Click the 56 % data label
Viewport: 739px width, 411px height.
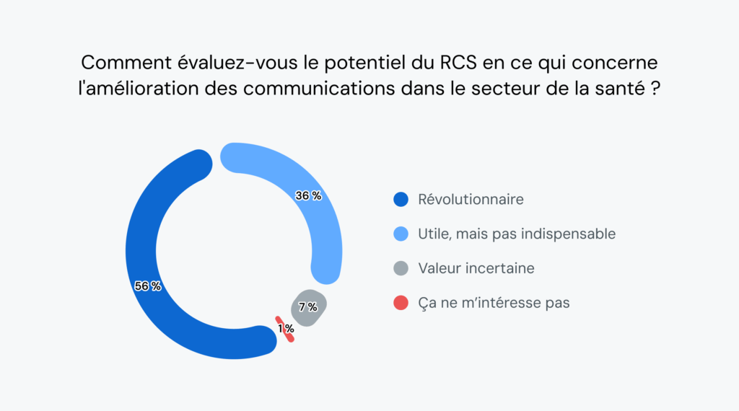pyautogui.click(x=147, y=286)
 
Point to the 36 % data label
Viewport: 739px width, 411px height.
pyautogui.click(x=308, y=195)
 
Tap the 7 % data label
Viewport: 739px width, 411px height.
pyautogui.click(x=308, y=307)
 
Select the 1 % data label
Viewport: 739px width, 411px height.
pyautogui.click(x=287, y=329)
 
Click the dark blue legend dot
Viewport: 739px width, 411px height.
pyautogui.click(x=401, y=199)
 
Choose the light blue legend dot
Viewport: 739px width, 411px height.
pyautogui.click(x=401, y=234)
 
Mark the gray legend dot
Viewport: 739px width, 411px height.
pyautogui.click(x=401, y=268)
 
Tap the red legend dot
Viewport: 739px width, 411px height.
pyautogui.click(x=401, y=303)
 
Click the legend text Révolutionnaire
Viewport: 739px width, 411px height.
pyautogui.click(x=471, y=199)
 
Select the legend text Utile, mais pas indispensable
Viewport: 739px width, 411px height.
pyautogui.click(x=517, y=234)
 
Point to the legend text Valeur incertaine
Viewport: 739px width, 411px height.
pyautogui.click(x=476, y=268)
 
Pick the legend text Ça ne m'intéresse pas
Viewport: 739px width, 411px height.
pyautogui.click(x=494, y=303)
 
